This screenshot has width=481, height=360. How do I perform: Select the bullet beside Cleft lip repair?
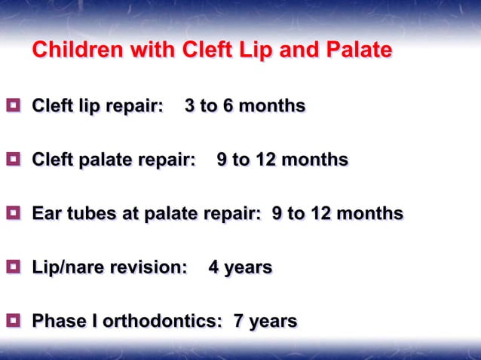tap(13, 105)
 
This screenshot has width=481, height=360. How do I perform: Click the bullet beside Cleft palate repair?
tap(13, 160)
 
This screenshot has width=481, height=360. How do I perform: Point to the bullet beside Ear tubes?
tap(13, 214)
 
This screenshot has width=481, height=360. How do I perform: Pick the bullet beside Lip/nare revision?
tap(13, 267)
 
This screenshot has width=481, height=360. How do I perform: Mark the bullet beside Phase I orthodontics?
tap(13, 322)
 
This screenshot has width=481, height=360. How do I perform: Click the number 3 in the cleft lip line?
tap(190, 106)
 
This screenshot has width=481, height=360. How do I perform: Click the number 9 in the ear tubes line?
tap(277, 214)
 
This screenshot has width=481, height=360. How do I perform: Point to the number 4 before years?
tap(214, 267)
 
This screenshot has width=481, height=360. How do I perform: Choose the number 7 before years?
tap(239, 322)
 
